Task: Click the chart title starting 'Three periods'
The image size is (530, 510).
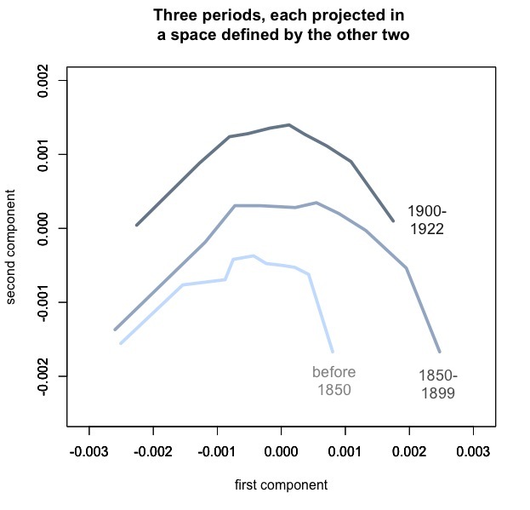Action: pyautogui.click(x=279, y=26)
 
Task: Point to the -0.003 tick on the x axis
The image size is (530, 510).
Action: pyautogui.click(x=88, y=450)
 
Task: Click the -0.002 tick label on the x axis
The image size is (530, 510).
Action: pyautogui.click(x=153, y=450)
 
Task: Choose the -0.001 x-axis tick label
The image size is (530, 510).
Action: pyautogui.click(x=217, y=450)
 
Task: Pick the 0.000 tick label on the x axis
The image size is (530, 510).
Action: pyautogui.click(x=281, y=450)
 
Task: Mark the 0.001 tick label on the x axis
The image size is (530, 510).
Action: pyautogui.click(x=345, y=450)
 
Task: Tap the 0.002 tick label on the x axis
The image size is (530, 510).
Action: pyautogui.click(x=409, y=450)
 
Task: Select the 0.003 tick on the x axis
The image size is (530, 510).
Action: pyautogui.click(x=473, y=450)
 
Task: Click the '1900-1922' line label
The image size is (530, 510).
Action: pyautogui.click(x=426, y=220)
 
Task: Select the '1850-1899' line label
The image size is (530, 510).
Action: pyautogui.click(x=438, y=385)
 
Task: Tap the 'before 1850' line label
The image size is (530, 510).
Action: pyautogui.click(x=333, y=381)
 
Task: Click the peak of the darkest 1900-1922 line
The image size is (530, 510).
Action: pyautogui.click(x=289, y=125)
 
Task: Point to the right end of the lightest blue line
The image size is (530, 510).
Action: pyautogui.click(x=332, y=351)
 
